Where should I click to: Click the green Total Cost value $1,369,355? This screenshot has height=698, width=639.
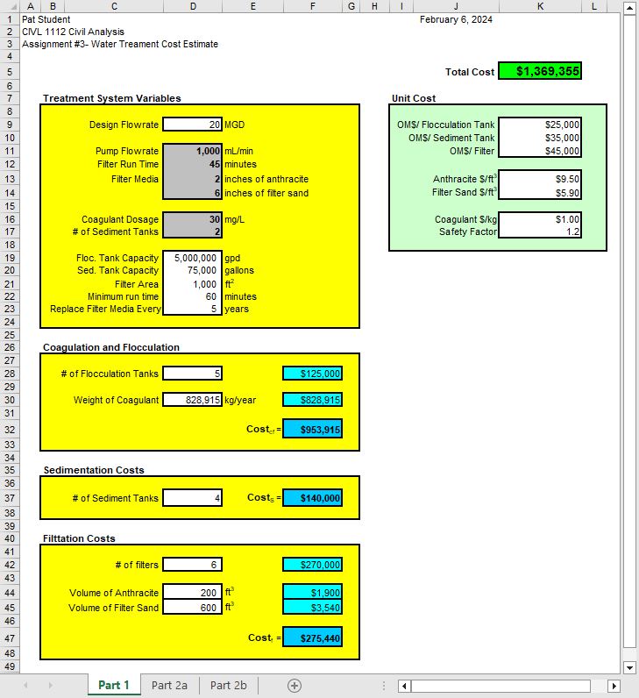(x=539, y=72)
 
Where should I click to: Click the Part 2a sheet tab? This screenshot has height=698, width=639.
(x=169, y=685)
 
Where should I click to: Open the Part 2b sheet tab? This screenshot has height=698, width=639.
(x=229, y=685)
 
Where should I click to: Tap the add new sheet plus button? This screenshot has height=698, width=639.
(x=295, y=685)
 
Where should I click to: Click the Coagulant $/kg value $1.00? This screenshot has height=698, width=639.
(x=539, y=219)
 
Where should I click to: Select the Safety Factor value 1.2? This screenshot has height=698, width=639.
(x=539, y=232)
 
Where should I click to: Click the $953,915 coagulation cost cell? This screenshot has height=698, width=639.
(x=312, y=430)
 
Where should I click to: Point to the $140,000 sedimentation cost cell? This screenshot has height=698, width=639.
(x=312, y=498)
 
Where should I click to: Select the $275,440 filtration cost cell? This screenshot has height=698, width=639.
(x=312, y=638)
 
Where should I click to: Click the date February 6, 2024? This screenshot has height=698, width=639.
(x=456, y=18)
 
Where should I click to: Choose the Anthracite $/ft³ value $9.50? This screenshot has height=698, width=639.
(x=539, y=179)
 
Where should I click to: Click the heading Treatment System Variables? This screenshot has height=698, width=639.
(x=111, y=98)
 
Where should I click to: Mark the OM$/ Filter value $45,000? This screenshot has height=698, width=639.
(x=539, y=151)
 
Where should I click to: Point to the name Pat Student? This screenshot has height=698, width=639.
(x=46, y=18)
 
